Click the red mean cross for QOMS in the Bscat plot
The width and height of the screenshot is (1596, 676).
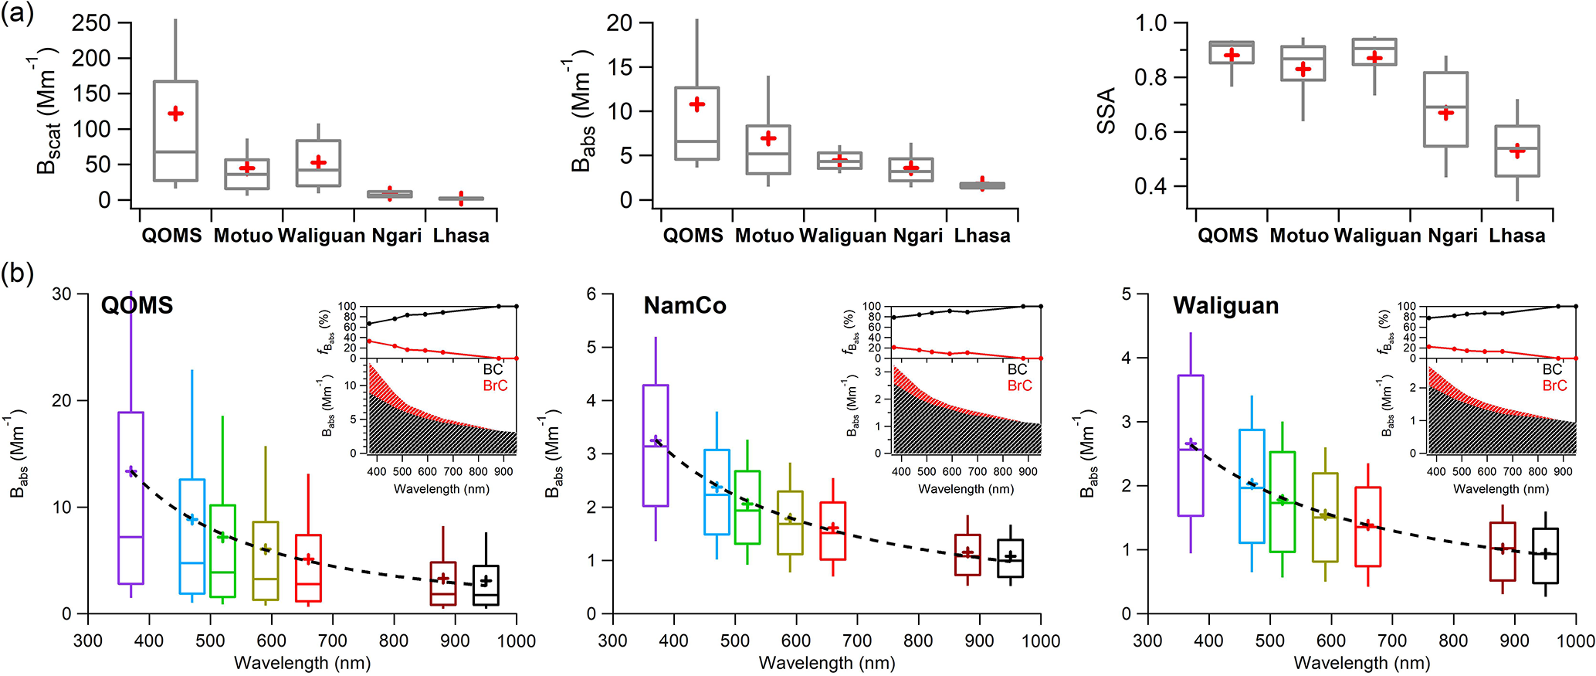(175, 114)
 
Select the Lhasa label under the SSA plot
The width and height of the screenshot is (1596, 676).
(1516, 236)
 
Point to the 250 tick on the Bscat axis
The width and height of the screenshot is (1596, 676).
(91, 23)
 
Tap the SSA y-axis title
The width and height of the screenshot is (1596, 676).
(1106, 110)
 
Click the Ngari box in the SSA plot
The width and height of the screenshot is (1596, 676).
(1445, 109)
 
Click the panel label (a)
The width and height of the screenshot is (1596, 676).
(17, 13)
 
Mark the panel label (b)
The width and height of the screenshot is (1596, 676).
(17, 273)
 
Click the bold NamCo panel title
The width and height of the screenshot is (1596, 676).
(684, 306)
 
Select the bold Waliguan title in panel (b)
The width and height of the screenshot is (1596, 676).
(1225, 306)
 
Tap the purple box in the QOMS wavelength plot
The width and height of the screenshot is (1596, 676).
(130, 498)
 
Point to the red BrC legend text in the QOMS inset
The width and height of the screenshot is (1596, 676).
(495, 386)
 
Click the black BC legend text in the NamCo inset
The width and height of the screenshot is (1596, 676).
(1017, 369)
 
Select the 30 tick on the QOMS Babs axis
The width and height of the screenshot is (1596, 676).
(62, 294)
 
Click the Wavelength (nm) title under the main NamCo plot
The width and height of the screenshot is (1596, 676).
(826, 663)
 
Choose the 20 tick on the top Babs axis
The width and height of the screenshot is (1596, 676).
(619, 23)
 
